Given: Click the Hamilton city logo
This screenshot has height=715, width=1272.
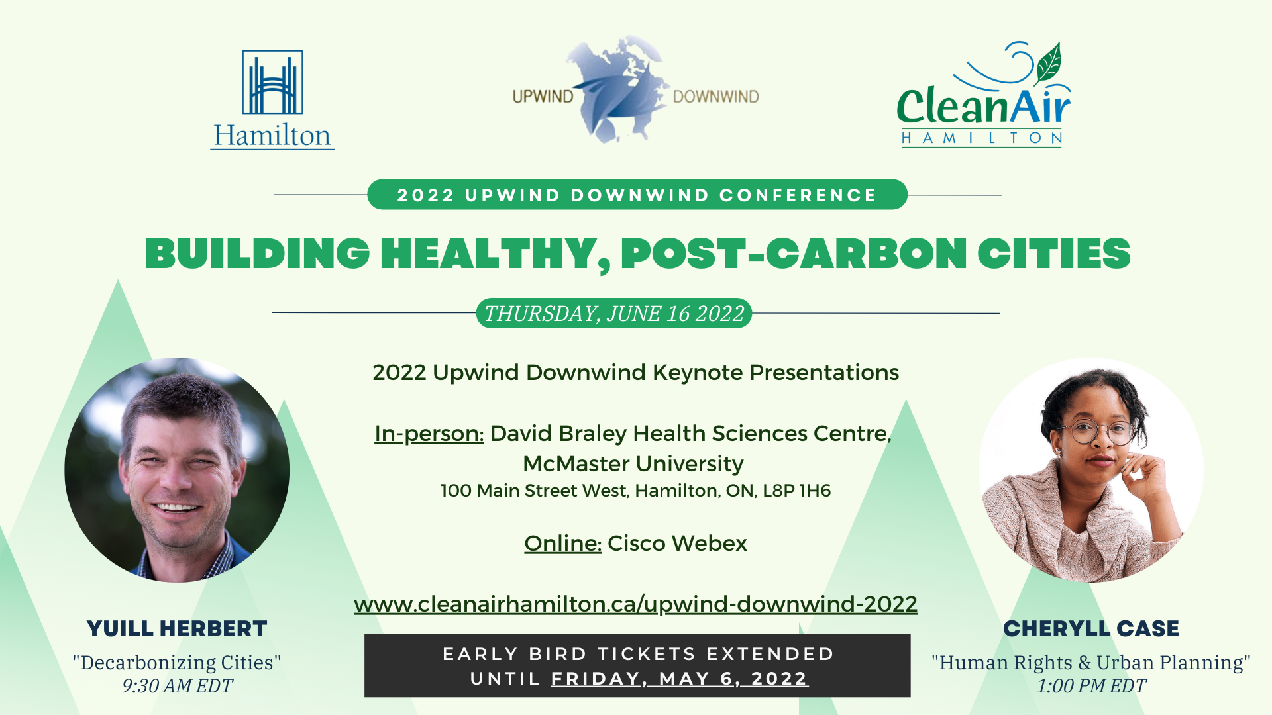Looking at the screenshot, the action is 272,99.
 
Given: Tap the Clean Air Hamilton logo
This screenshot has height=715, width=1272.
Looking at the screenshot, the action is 983,94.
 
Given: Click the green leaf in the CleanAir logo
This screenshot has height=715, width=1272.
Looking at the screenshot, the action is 1049,63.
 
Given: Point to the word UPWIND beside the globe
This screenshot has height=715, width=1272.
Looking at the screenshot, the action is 543,97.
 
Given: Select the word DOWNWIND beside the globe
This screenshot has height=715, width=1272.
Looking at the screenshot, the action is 715,97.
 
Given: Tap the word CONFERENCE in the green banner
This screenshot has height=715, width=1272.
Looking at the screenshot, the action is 798,195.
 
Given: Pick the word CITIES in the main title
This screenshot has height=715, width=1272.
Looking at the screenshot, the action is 1054,254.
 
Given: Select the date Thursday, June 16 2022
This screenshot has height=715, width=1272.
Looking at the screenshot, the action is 614,313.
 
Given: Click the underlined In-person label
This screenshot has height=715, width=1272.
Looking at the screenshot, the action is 429,434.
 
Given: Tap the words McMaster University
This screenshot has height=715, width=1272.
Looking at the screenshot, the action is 633,464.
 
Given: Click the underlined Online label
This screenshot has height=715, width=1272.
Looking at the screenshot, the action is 562,544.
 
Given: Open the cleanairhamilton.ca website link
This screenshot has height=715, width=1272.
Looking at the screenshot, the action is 636,604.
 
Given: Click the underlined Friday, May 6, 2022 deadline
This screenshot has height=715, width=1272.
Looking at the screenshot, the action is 680,679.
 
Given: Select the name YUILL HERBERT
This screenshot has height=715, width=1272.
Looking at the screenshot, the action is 177,629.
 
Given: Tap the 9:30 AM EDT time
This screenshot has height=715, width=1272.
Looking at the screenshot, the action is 178,686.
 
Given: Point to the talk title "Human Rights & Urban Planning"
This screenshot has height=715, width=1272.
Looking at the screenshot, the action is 1091,663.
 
